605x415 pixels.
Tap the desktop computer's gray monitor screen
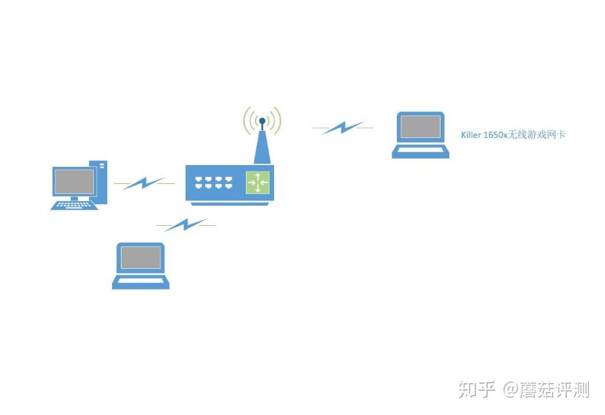pos(74,182)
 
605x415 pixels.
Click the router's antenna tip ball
pos(262,121)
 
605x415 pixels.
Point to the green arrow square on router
pos(258,182)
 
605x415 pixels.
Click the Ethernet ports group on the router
pos(214,182)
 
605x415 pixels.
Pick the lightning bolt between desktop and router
pos(144,183)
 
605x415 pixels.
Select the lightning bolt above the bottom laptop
pos(186,225)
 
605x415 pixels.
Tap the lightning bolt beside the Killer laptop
pos(343,127)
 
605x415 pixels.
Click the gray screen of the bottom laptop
pos(140,257)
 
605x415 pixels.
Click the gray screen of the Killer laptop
pos(420,127)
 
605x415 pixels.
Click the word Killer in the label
pos(471,135)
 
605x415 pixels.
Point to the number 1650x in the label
pos(495,135)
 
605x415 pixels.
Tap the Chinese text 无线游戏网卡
pos(537,134)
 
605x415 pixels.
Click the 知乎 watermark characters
pos(477,390)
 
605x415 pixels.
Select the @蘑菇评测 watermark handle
pos(547,390)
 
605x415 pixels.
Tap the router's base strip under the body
pos(229,203)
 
